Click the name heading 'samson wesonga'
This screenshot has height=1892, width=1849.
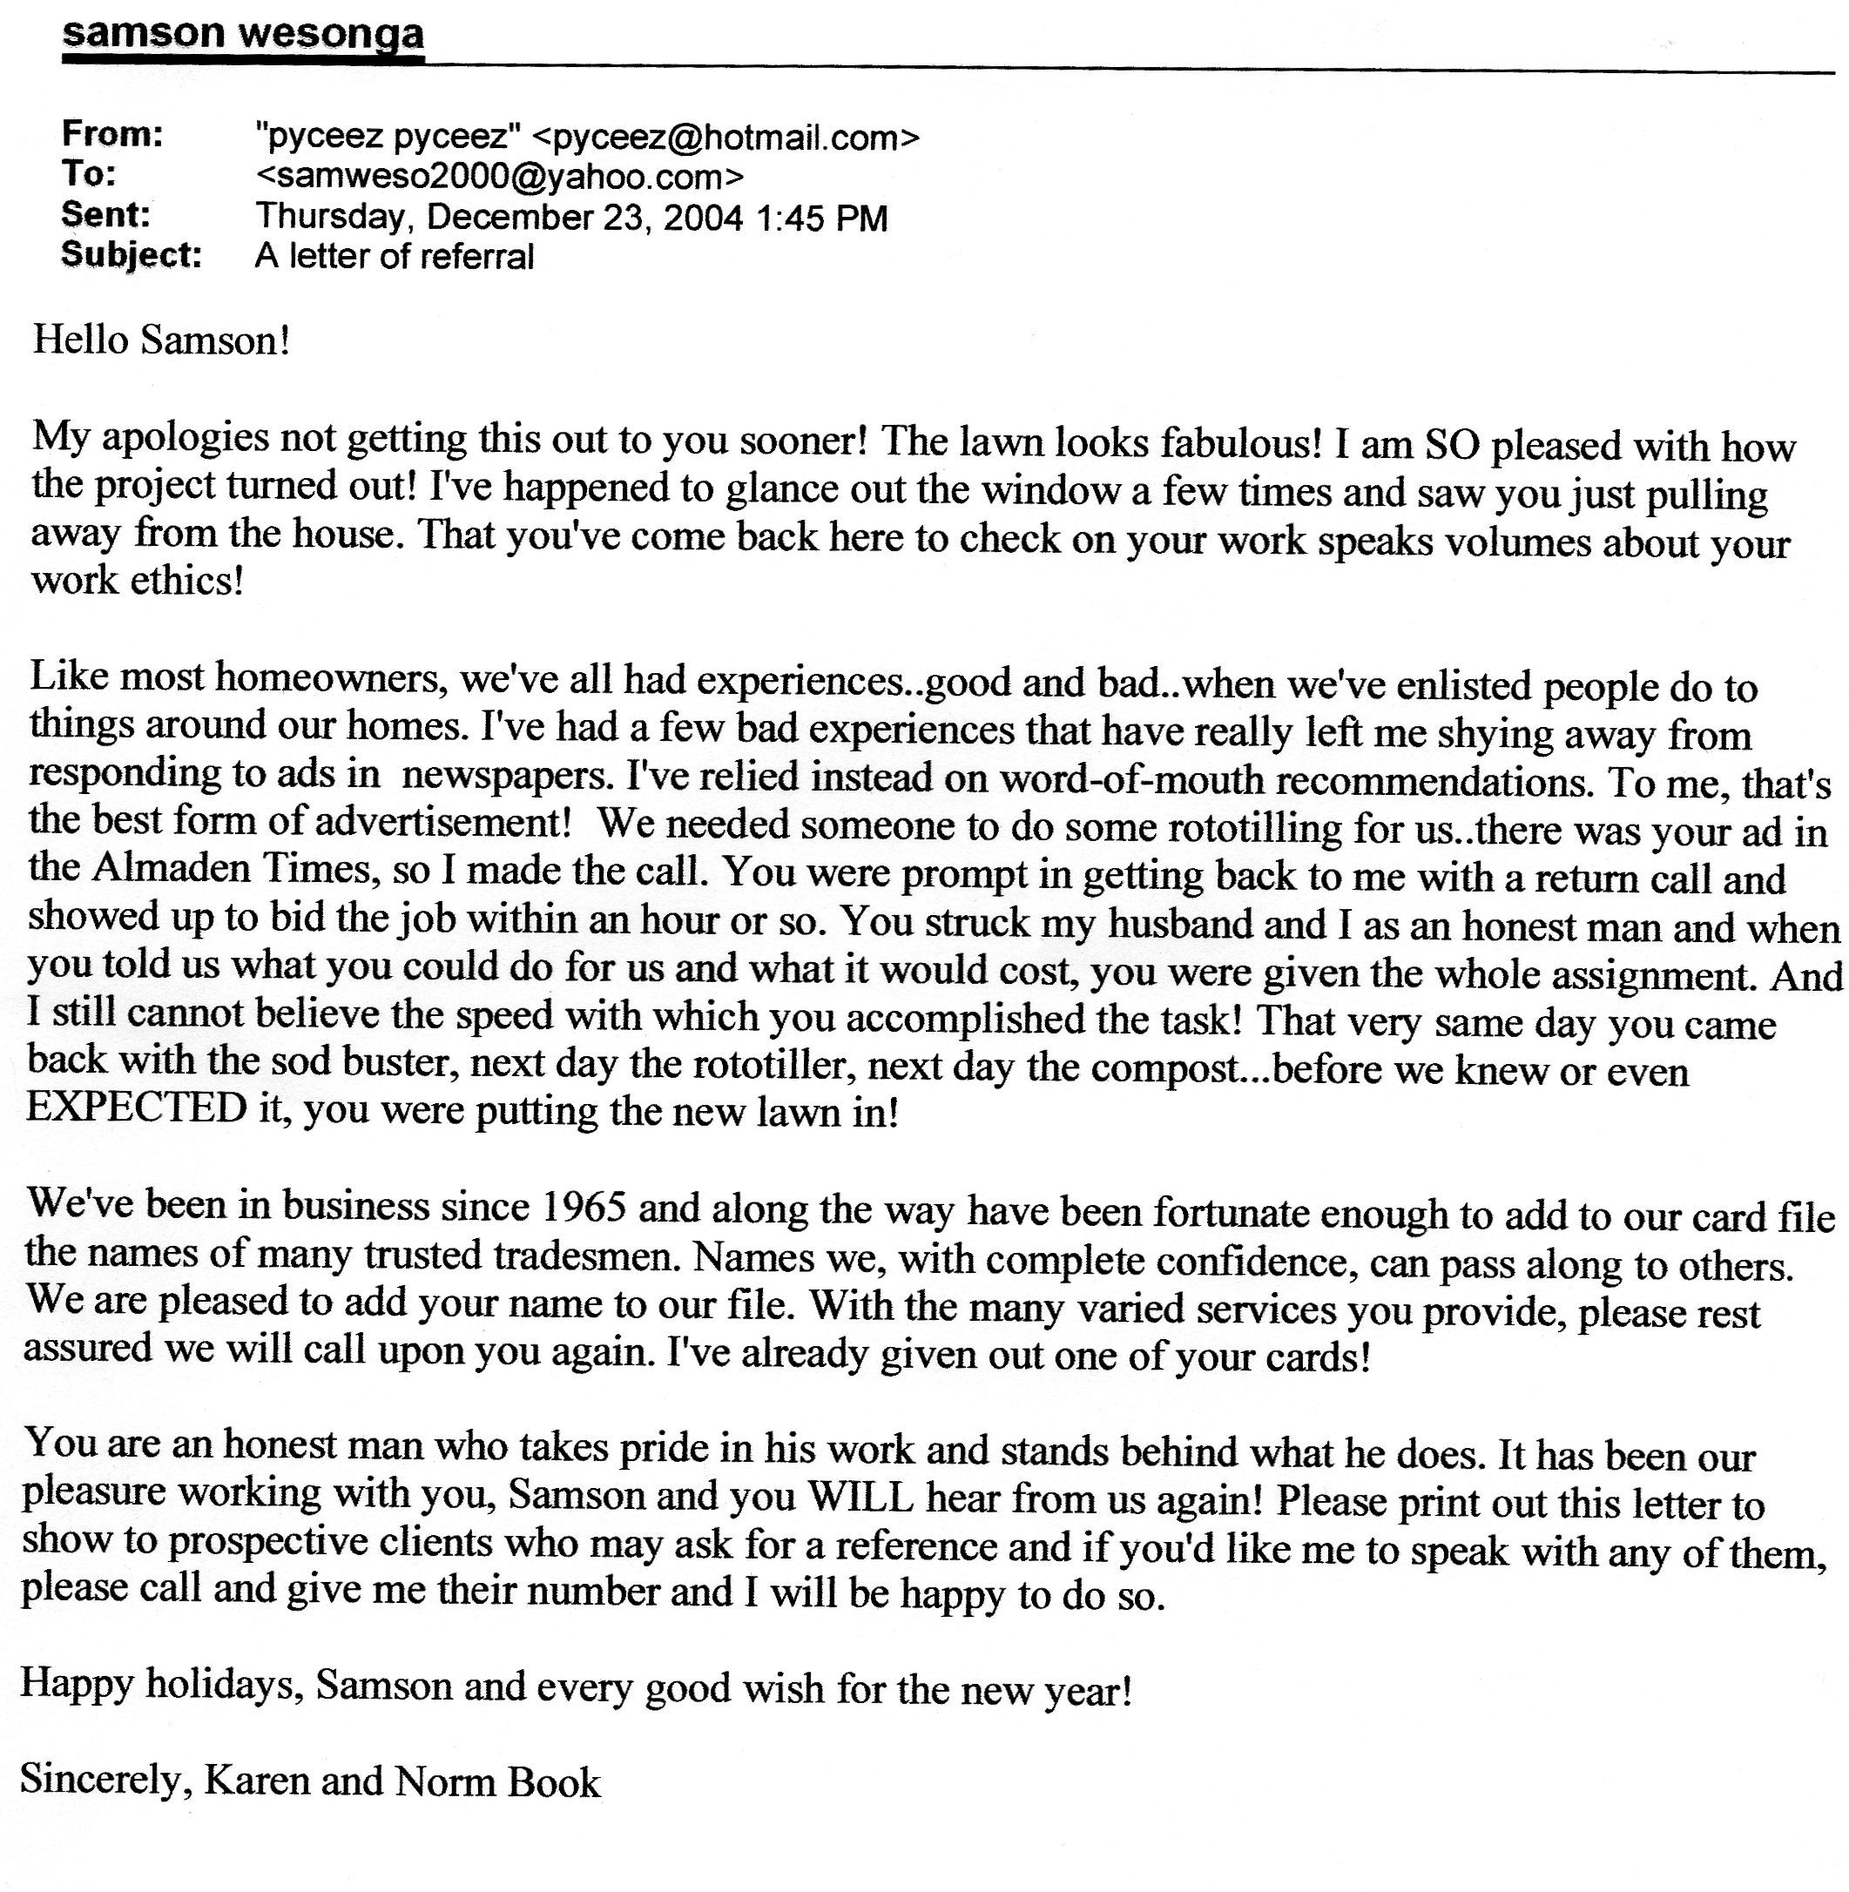243,34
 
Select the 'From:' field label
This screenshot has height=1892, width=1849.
112,134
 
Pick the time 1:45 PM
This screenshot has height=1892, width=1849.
820,218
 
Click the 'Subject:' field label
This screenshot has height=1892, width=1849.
132,254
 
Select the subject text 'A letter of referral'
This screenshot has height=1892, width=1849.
395,256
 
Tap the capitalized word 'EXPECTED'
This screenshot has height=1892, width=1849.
137,1108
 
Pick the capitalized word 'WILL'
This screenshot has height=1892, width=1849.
861,1498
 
